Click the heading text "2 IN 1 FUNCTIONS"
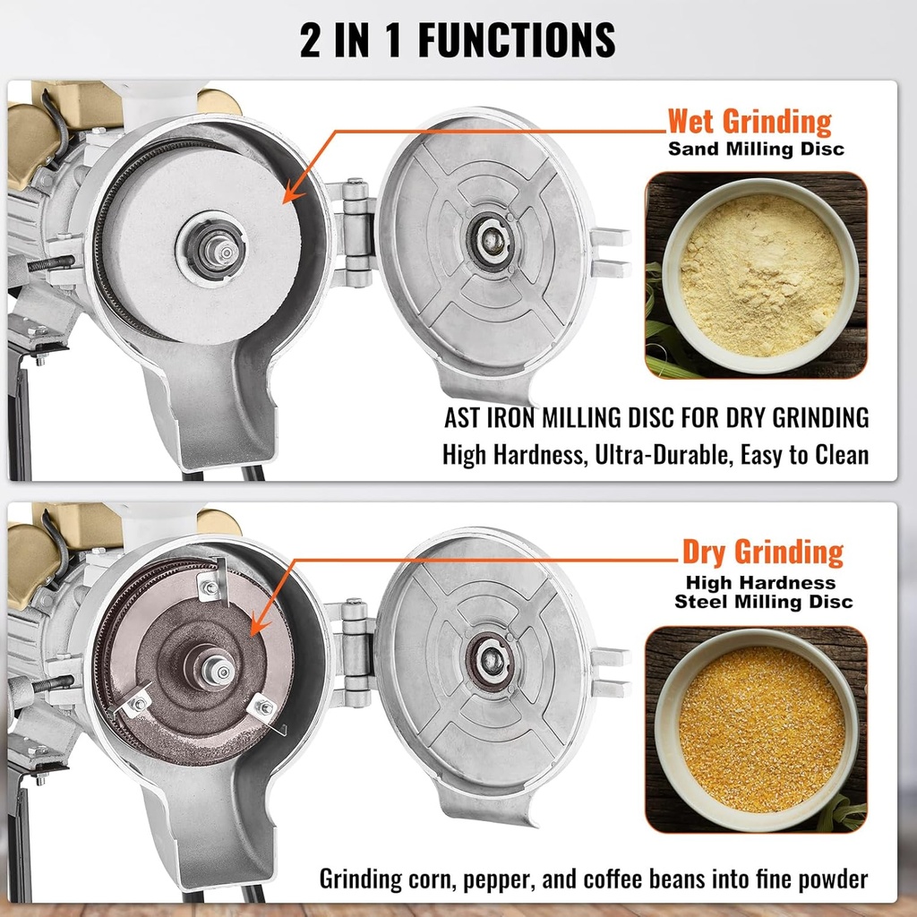[x=458, y=40]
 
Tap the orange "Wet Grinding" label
[x=750, y=121]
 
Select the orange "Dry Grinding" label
[x=762, y=553]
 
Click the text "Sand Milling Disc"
[x=756, y=149]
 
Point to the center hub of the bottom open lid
[x=488, y=661]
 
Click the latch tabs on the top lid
[x=611, y=253]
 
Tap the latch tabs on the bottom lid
[x=611, y=673]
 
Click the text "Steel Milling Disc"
[x=763, y=602]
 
